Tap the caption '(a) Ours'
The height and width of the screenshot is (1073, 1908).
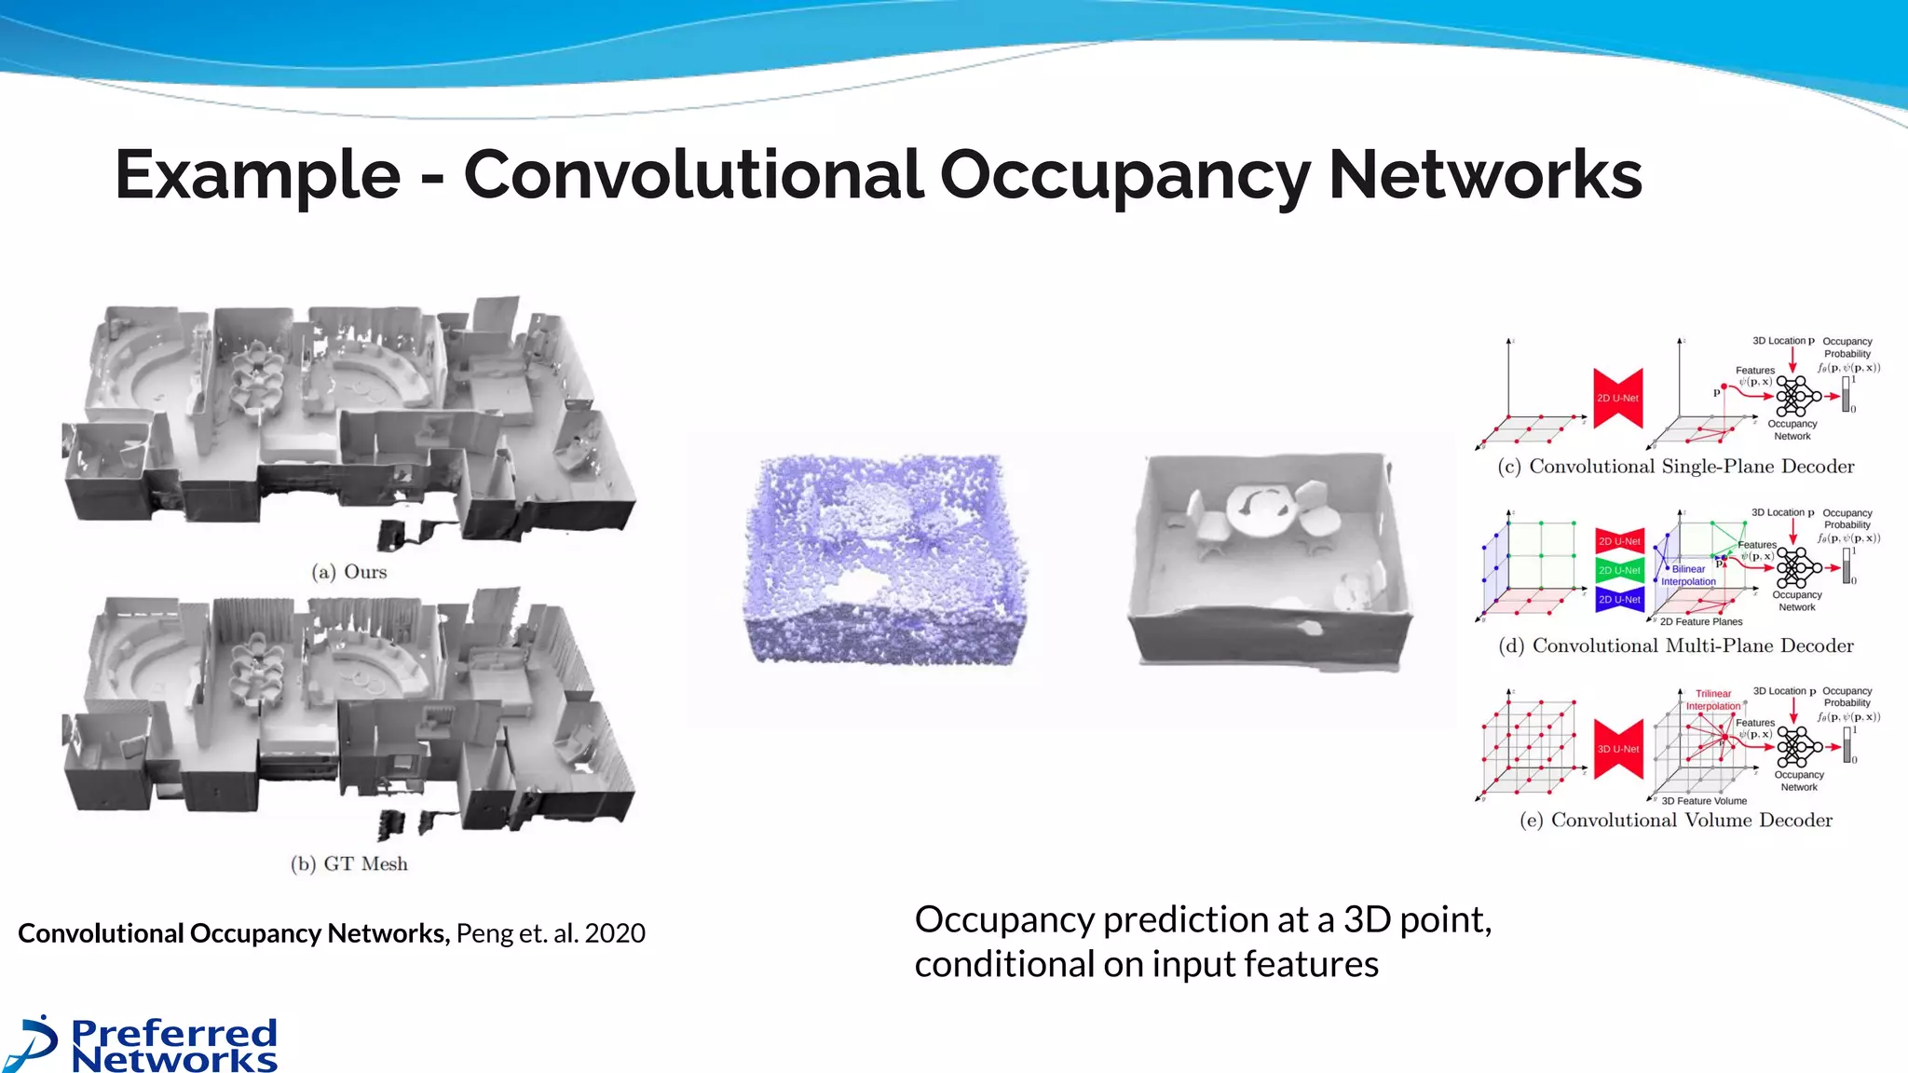pos(349,572)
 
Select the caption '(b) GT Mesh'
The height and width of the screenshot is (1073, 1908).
pos(349,864)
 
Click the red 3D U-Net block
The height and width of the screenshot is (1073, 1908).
pos(1618,749)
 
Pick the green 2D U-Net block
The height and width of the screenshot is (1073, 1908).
pos(1619,570)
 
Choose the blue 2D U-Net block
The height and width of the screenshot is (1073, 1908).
pos(1619,599)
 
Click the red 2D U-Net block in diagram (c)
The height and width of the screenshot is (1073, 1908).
pos(1617,398)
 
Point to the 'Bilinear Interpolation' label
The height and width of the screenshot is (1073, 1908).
pos(1688,575)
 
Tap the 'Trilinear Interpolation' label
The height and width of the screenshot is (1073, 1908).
pos(1712,699)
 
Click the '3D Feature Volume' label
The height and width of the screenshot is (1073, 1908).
pos(1704,801)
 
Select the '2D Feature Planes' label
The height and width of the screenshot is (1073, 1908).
pos(1701,621)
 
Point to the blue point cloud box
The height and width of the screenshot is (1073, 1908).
pos(885,559)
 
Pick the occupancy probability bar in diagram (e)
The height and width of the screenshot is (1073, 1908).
pos(1846,744)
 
